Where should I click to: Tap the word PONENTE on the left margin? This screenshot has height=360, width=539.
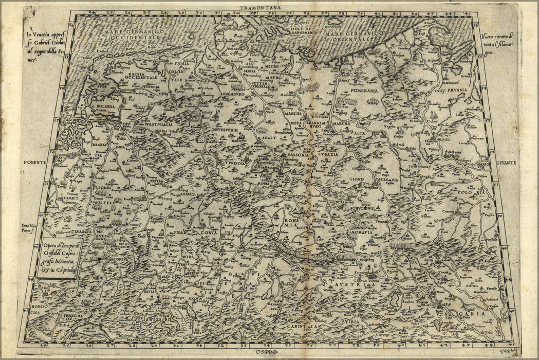coord(35,162)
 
